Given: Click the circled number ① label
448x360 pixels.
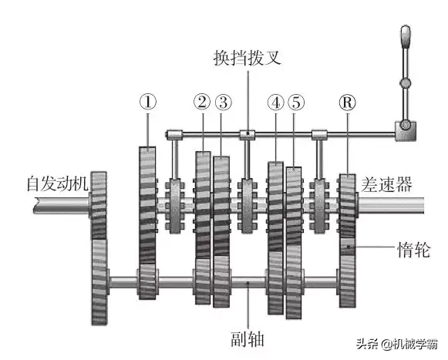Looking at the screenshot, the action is (x=148, y=102).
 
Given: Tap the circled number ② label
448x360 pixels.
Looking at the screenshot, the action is (x=202, y=102).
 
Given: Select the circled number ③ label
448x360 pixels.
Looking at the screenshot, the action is (x=224, y=103).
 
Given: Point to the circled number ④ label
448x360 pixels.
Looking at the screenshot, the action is (x=276, y=103).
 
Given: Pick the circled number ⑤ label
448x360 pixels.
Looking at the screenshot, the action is (x=296, y=103).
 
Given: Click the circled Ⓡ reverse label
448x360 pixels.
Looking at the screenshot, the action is (x=348, y=103).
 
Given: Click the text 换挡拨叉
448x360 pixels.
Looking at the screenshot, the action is (x=248, y=58).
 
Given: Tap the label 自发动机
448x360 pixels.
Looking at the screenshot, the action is (x=57, y=183).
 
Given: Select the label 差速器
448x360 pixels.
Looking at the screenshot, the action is (x=386, y=184).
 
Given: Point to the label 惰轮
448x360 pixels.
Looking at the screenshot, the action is (x=414, y=250).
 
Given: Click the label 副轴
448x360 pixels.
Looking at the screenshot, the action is (x=248, y=339).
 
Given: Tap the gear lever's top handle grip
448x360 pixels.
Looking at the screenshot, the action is (x=406, y=37).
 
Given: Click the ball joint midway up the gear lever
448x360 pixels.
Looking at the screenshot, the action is (x=405, y=83).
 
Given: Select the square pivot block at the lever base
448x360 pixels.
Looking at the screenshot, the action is (x=406, y=131).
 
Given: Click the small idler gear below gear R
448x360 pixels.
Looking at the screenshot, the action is (x=348, y=247).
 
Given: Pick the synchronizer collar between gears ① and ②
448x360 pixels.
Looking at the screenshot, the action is (x=175, y=206).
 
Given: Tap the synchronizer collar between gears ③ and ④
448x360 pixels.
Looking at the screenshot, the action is (x=248, y=206).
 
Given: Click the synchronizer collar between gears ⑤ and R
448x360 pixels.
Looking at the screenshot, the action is (x=319, y=206).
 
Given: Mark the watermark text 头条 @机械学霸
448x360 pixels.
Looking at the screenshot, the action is (x=397, y=344).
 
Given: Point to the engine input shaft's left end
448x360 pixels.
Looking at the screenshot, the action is (x=35, y=205).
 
